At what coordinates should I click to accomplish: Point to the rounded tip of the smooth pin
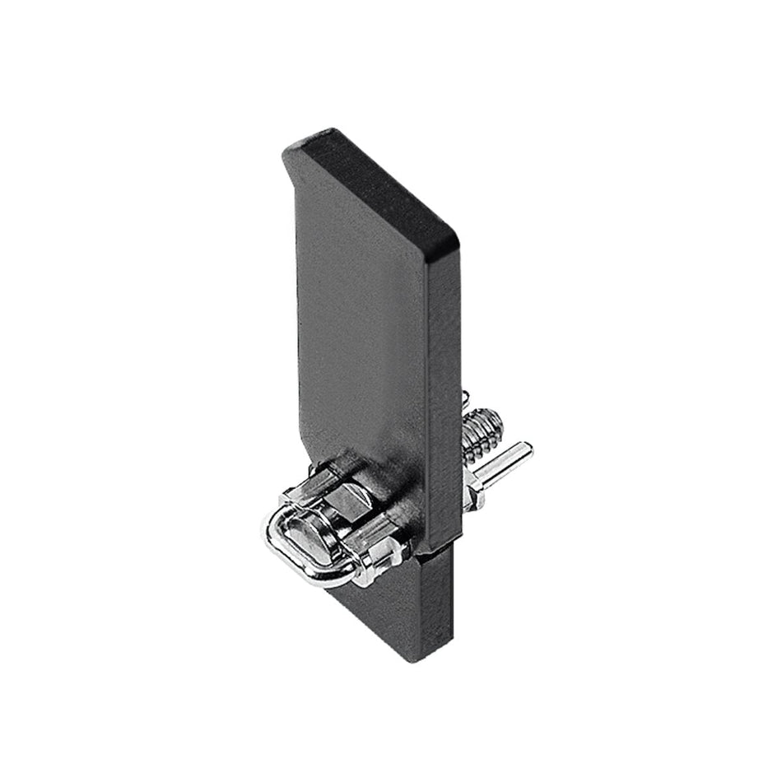[x=528, y=448]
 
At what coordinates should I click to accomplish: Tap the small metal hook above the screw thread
[x=466, y=400]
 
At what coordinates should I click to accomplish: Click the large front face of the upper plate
[x=362, y=329]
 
